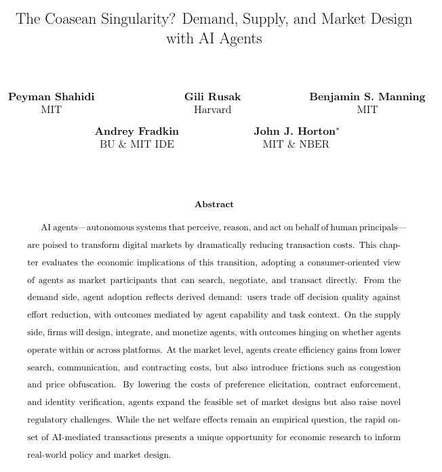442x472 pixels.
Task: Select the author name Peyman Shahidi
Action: [x=52, y=97]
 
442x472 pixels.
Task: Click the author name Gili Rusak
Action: [x=212, y=97]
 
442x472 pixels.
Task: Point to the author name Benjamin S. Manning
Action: [x=367, y=97]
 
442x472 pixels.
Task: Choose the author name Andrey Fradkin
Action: [x=136, y=131]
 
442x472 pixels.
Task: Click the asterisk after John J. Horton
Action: [x=338, y=128]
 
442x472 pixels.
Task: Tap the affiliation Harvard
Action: [x=212, y=110]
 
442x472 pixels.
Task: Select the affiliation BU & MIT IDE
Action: [x=136, y=144]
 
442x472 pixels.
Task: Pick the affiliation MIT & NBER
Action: [x=296, y=144]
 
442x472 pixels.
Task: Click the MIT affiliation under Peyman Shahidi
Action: [x=52, y=110]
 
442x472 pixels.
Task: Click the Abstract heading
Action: [x=214, y=205]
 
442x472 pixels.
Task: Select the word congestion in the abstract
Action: [x=376, y=368]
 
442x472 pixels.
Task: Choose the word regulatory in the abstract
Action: [x=50, y=421]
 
